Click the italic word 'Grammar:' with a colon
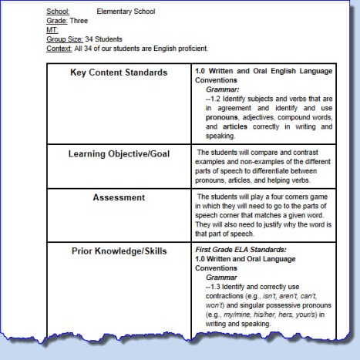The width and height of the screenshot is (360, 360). pos(224,89)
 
